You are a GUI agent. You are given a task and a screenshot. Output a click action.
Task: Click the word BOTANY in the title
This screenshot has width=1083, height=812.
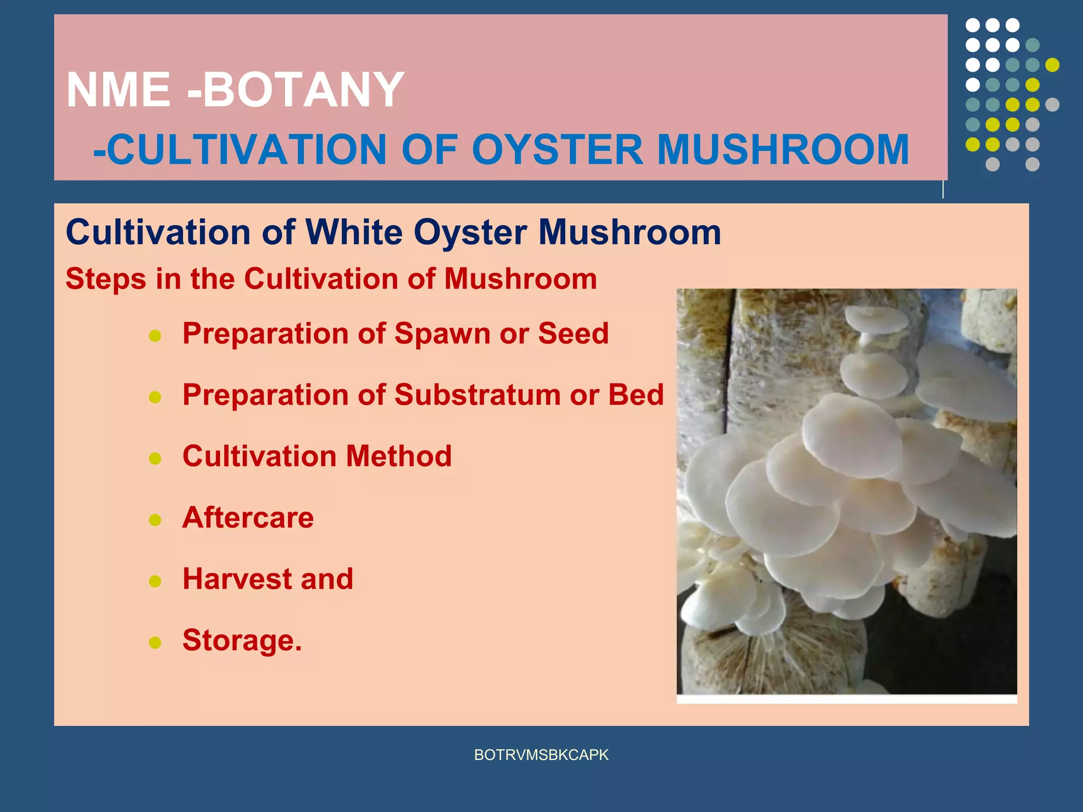(304, 90)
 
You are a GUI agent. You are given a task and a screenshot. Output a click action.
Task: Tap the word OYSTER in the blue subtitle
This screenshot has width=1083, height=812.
(557, 150)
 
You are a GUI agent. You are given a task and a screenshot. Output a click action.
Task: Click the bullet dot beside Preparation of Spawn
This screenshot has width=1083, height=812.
(155, 336)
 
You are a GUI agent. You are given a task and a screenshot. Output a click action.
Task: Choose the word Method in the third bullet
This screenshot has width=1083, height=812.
(399, 456)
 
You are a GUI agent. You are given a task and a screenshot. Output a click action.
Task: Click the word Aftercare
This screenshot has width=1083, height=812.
(248, 518)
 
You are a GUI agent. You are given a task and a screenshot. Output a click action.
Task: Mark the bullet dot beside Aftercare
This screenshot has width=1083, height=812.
(155, 520)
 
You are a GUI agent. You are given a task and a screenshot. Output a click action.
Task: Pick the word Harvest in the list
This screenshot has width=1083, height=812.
(237, 579)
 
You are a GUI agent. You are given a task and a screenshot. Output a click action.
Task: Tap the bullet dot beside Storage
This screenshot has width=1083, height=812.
(155, 642)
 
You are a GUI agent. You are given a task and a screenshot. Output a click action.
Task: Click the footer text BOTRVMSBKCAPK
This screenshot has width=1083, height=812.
(541, 755)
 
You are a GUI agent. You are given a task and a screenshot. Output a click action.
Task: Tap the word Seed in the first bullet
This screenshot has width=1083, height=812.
(573, 334)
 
